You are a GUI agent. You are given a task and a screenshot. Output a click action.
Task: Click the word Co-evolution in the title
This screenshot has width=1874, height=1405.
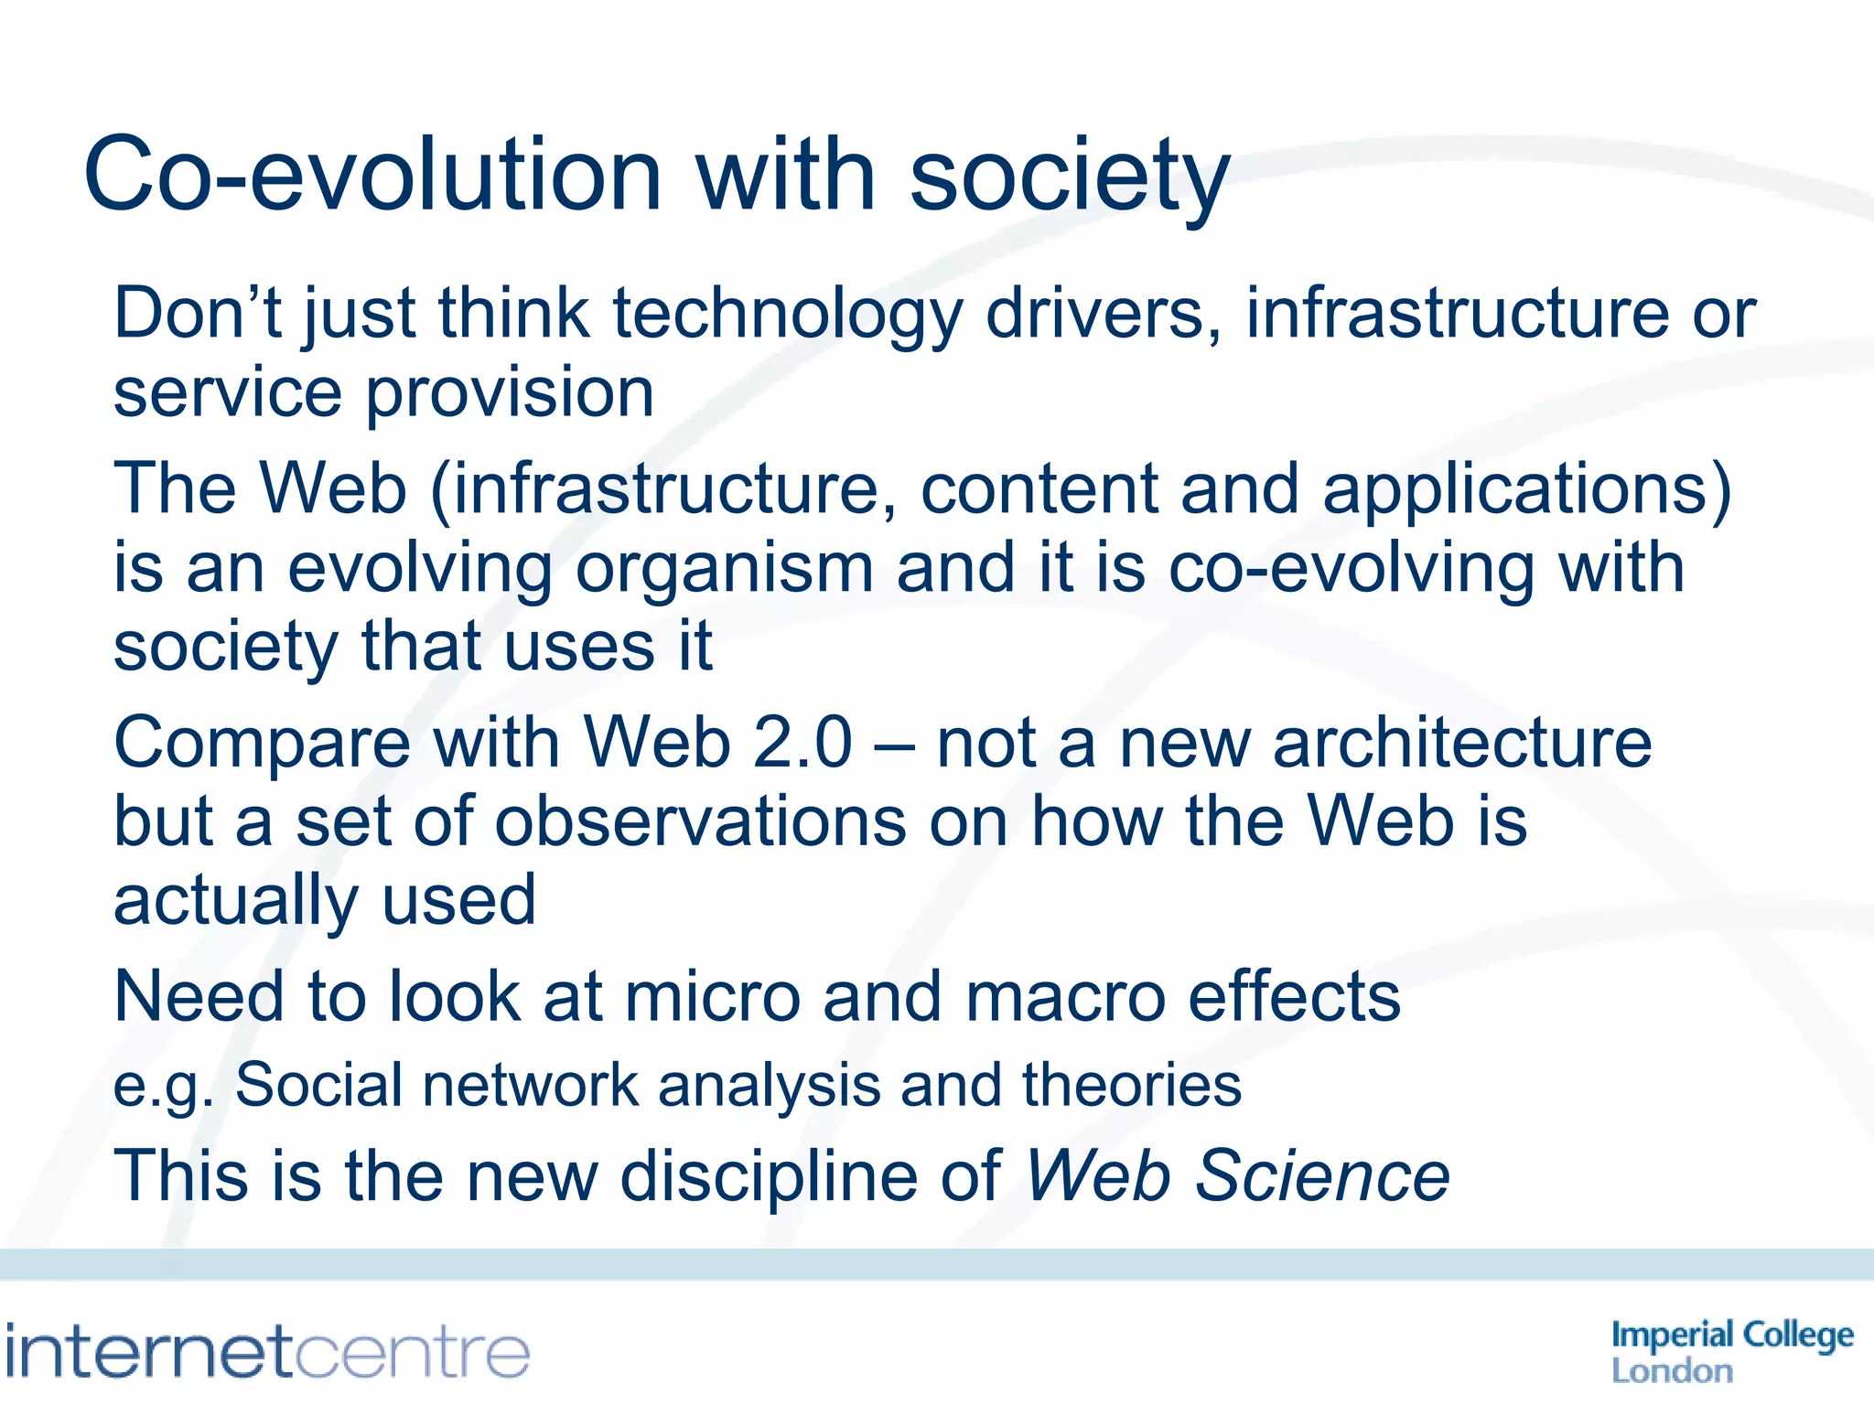click(x=372, y=174)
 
